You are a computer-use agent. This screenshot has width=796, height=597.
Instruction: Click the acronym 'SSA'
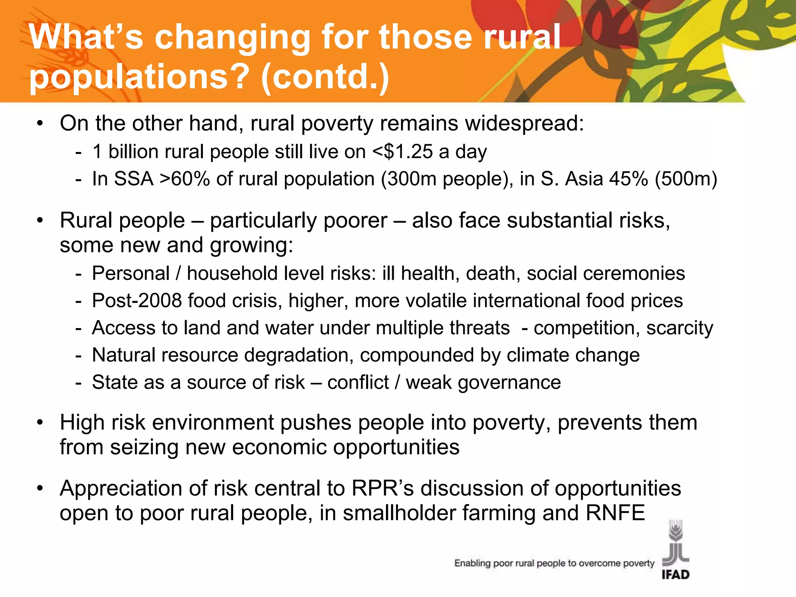click(134, 179)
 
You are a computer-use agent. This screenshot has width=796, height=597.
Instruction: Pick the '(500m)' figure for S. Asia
click(686, 179)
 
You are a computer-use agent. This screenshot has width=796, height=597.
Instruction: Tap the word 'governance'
click(510, 382)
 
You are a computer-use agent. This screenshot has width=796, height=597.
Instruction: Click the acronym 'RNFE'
click(615, 513)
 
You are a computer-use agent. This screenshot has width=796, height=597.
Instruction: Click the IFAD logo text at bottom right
click(676, 574)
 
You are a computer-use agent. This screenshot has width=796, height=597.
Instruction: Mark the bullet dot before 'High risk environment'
click(40, 422)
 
